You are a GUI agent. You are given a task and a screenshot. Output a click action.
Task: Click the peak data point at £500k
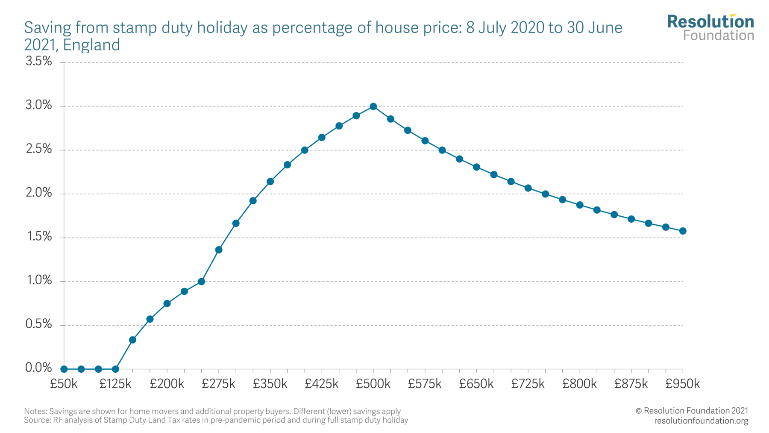(x=373, y=106)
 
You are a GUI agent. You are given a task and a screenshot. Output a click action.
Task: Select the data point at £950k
(x=683, y=231)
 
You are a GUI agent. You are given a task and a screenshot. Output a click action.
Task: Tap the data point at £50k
(x=64, y=369)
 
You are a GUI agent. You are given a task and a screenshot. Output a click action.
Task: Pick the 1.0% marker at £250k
(x=201, y=282)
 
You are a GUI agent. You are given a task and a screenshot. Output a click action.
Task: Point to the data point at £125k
(x=115, y=369)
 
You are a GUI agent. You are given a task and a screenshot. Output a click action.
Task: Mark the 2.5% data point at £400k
(x=305, y=150)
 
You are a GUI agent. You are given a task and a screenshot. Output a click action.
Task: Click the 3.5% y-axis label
(x=39, y=62)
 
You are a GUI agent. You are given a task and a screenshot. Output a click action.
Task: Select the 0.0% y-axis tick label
(x=39, y=368)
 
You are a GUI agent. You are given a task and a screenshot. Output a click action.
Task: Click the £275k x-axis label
(x=218, y=384)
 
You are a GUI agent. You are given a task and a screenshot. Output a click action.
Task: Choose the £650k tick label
(x=476, y=384)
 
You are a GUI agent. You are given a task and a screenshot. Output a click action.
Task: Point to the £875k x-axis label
(x=631, y=384)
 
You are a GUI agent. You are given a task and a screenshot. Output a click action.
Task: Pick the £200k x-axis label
(x=167, y=384)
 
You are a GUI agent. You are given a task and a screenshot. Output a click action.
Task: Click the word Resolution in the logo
(x=710, y=21)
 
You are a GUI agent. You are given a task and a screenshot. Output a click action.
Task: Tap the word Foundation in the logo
(x=718, y=35)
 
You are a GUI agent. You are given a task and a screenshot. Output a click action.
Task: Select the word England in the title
(x=91, y=45)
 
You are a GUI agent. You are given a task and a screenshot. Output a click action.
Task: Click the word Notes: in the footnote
(x=35, y=411)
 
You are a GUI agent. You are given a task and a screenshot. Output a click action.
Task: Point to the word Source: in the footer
(x=37, y=420)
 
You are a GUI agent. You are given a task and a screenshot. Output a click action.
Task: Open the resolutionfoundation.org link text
(x=701, y=421)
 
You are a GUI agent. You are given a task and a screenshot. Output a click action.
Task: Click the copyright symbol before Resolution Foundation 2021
(x=639, y=411)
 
